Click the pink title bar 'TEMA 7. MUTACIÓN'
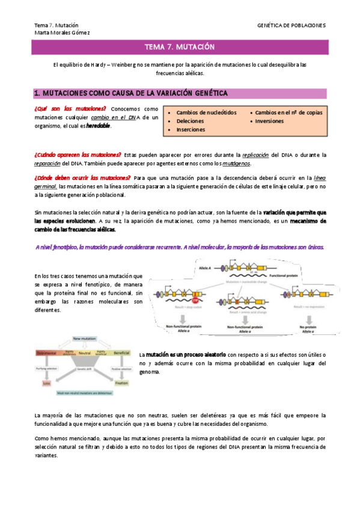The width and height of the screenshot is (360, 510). [180, 48]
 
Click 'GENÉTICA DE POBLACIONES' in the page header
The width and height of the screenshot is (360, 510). [291, 25]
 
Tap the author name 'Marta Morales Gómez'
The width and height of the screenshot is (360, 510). [62, 32]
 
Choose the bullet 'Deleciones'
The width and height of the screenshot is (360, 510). [191, 121]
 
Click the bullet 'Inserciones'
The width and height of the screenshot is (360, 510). [191, 129]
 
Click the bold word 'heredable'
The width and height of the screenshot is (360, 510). [99, 126]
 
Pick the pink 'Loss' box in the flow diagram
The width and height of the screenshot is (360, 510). [46, 382]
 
